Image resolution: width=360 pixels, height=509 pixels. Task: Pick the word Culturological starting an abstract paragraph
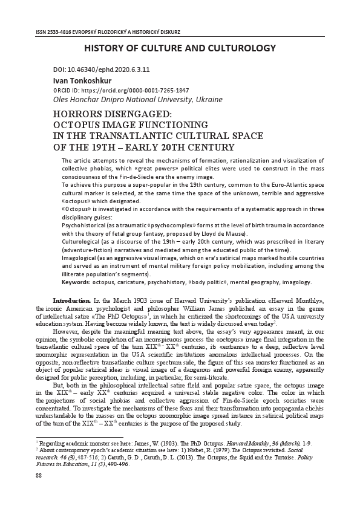[79, 241]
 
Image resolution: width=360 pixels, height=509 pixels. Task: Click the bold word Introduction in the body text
[72, 300]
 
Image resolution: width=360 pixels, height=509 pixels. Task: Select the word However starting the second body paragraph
[67, 331]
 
